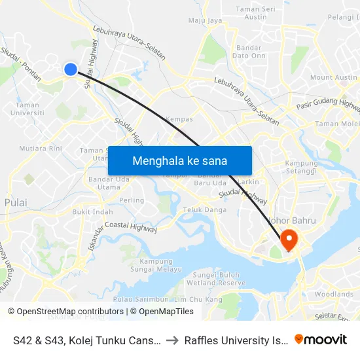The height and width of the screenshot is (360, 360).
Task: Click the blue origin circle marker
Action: pos(71,69)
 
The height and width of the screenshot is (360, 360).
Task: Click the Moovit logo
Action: pos(321,339)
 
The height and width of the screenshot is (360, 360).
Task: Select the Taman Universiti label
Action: pos(27,109)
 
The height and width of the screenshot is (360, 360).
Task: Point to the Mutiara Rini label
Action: pos(41,149)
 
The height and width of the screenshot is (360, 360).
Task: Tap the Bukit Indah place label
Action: pos(92,212)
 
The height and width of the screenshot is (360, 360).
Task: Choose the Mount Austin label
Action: pos(333,77)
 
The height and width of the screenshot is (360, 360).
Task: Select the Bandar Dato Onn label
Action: pos(249,52)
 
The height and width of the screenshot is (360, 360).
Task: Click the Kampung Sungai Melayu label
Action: pos(156,265)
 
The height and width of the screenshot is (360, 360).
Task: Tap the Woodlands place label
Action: pos(334,295)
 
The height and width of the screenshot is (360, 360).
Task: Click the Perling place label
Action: pos(132,200)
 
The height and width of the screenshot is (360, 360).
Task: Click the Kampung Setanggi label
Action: pos(301,168)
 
